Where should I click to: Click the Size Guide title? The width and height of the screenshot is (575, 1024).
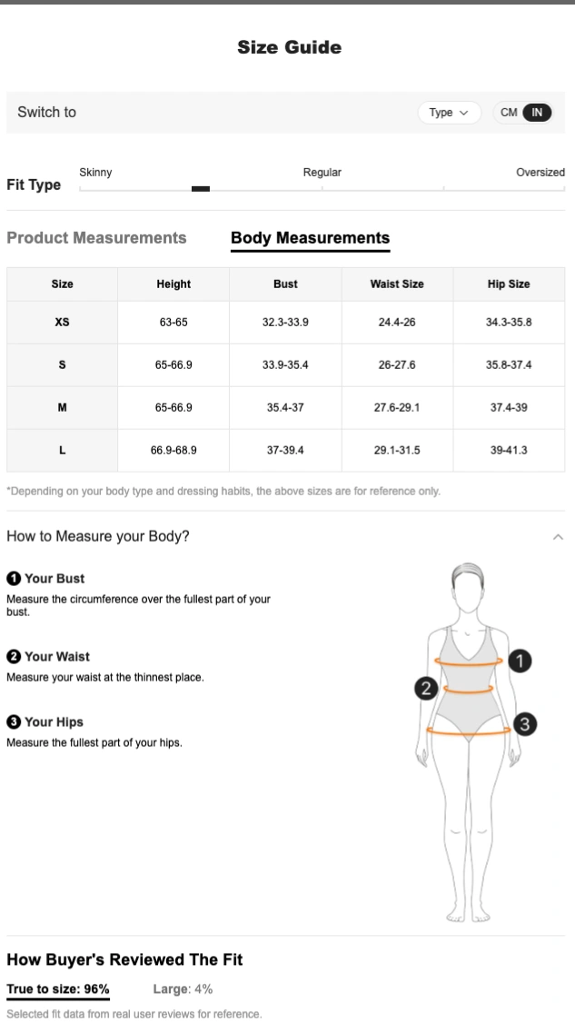289,47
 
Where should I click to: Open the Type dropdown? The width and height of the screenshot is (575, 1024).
449,113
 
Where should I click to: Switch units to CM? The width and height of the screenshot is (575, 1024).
509,113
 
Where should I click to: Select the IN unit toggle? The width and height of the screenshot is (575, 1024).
537,113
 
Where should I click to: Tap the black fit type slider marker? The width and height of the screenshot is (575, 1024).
201,189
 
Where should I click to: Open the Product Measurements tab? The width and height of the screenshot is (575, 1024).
96,238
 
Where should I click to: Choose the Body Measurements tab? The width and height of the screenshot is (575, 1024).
310,238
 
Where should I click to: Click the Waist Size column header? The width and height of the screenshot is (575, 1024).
397,284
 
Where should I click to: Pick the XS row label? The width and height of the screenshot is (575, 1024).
62,322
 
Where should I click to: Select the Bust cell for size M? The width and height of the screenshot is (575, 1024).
285,407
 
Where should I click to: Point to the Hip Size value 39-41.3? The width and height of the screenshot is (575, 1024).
509,450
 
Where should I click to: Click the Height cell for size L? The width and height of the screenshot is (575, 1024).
173,450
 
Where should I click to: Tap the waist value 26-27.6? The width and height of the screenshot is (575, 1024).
397,364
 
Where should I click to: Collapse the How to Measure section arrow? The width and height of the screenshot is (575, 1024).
558,537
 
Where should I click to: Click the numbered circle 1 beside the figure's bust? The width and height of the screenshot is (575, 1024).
520,661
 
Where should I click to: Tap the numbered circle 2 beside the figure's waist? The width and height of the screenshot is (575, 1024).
426,688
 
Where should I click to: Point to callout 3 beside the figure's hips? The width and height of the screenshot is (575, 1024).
525,723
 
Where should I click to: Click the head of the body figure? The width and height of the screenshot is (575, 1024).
467,586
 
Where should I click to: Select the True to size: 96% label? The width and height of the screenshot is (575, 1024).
58,989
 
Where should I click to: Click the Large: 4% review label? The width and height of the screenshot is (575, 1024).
183,989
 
